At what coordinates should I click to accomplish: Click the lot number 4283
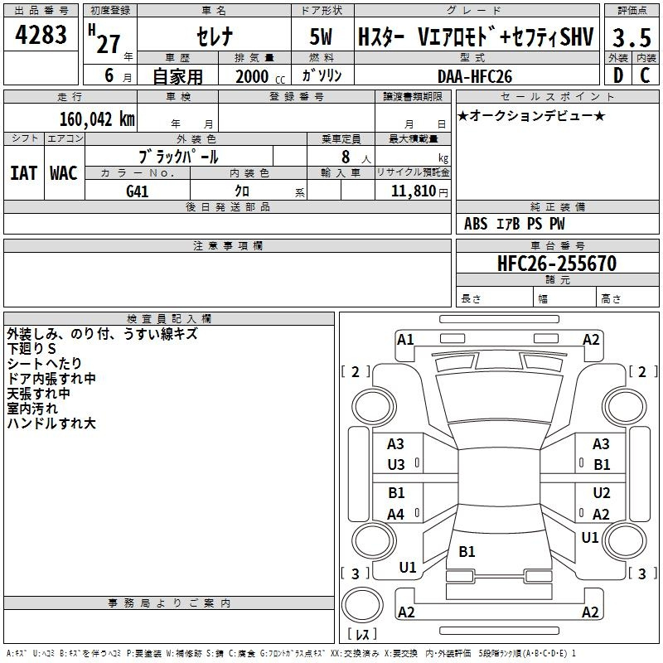pos(41,35)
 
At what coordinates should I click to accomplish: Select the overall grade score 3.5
pos(632,37)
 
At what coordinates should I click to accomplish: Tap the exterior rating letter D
pos(618,75)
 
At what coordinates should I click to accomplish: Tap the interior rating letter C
pos(645,75)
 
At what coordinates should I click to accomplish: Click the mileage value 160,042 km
pos(97,119)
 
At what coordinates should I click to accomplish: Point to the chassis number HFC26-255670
pos(557,264)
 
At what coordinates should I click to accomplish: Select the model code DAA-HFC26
pos(475,76)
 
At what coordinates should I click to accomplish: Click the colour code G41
pos(138,191)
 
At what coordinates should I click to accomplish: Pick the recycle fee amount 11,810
pos(413,191)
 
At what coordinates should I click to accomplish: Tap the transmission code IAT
pos(23,173)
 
